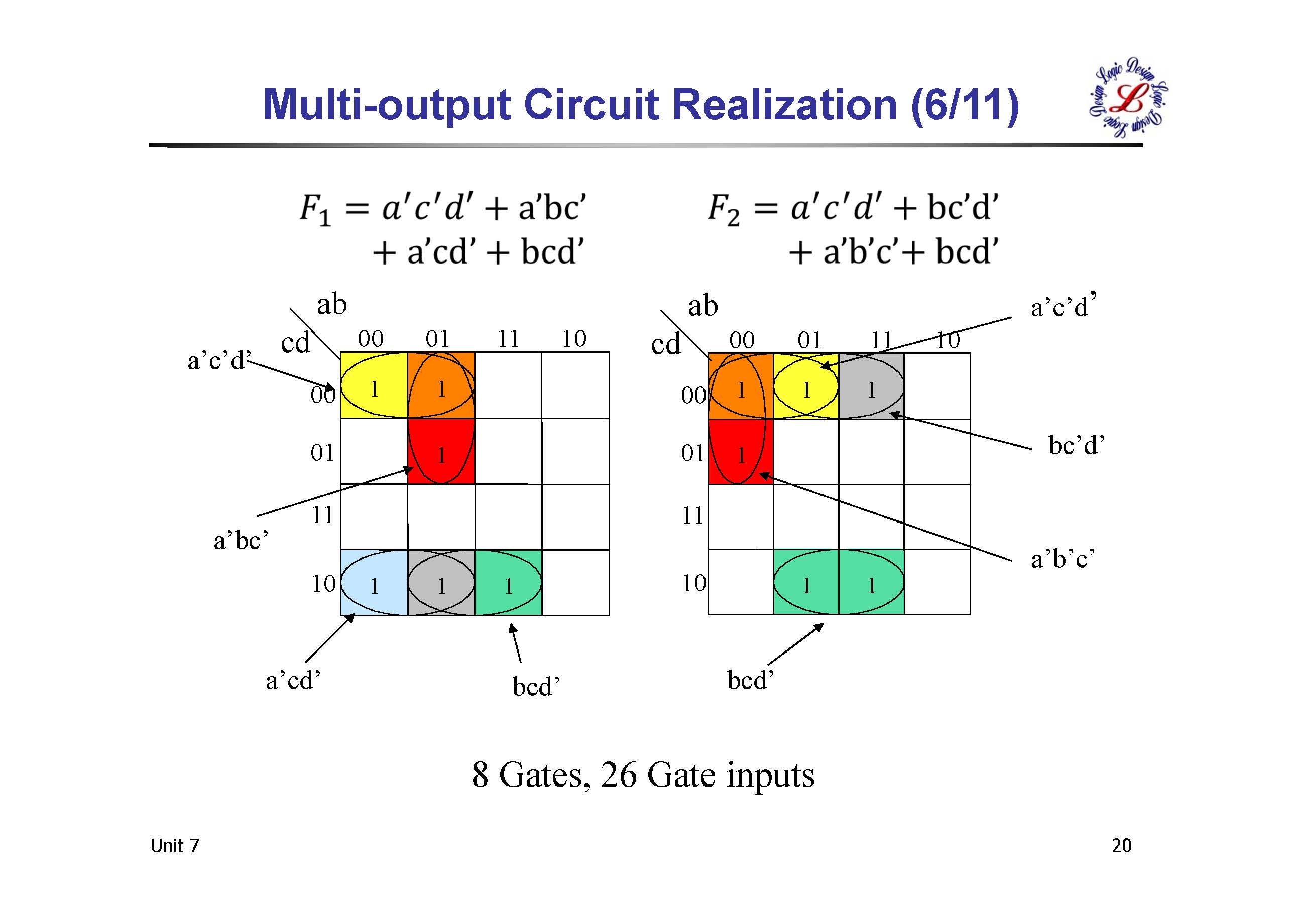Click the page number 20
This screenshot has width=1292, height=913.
click(1121, 846)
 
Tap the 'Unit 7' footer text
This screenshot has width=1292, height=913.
click(174, 846)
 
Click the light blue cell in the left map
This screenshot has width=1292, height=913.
click(374, 583)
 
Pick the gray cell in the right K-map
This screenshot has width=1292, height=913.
click(871, 386)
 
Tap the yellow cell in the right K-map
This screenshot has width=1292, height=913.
click(806, 386)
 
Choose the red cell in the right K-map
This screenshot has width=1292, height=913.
click(741, 451)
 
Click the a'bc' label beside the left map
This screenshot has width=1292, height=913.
click(241, 541)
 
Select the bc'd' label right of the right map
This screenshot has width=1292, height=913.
click(1077, 445)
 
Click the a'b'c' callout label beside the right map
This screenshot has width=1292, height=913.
click(1063, 559)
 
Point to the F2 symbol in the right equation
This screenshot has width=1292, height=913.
click(723, 209)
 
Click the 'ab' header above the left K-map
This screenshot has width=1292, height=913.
click(331, 304)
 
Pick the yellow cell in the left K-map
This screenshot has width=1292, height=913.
click(374, 385)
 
